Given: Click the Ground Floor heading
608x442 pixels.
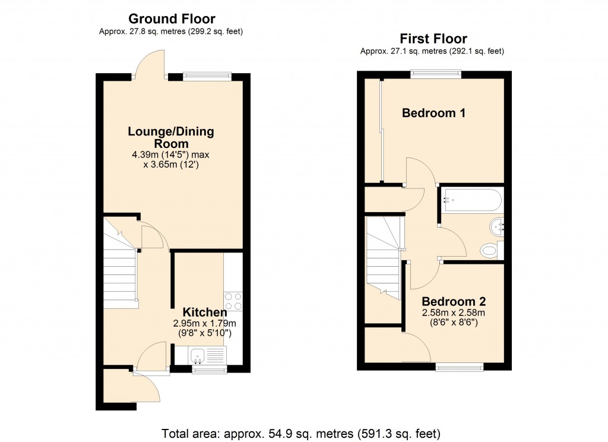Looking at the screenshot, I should [x=172, y=19].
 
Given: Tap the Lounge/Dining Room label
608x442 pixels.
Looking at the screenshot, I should [x=171, y=137].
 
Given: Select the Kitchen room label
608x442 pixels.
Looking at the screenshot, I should [x=204, y=312].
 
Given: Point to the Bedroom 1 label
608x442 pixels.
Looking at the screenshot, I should [x=433, y=113].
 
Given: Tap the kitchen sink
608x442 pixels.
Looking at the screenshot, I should [x=198, y=355].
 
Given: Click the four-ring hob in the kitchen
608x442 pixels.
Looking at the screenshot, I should [x=233, y=301].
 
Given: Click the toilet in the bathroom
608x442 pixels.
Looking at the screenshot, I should [x=489, y=251].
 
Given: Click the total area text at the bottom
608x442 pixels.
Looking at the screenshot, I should [x=302, y=433].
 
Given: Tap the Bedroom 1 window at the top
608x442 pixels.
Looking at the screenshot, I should [x=436, y=74].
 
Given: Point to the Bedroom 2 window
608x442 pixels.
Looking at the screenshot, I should [x=459, y=367].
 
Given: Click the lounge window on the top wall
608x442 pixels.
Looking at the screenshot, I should [x=207, y=76].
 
